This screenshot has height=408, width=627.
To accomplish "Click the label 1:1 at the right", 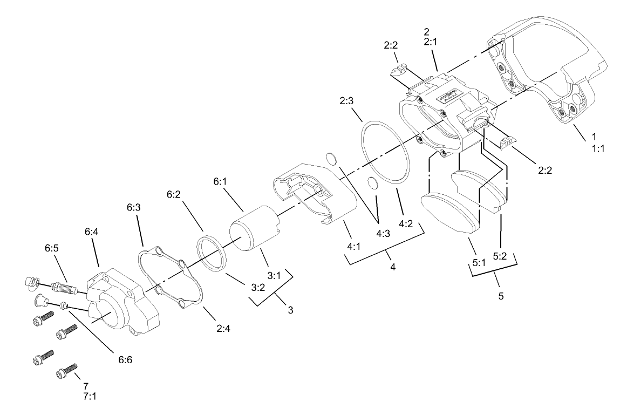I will (x=597, y=148).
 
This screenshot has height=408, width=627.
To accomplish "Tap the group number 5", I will (x=501, y=296).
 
